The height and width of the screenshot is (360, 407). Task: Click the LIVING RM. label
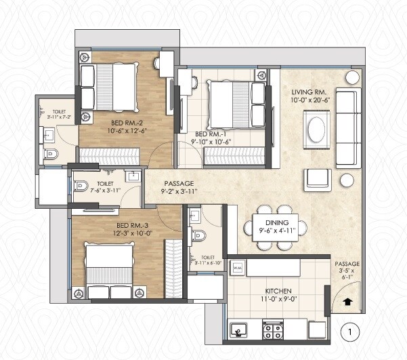click(311, 92)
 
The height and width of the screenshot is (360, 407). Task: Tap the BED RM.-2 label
click(125, 123)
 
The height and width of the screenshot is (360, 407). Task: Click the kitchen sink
click(238, 331)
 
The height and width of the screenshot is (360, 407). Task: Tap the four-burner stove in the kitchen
click(273, 332)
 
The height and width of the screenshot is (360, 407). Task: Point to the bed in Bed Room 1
click(231, 102)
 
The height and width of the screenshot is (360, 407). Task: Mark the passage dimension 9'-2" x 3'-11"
click(179, 192)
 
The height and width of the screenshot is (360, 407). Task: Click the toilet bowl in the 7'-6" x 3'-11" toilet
click(80, 184)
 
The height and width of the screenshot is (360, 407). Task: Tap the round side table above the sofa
click(351, 77)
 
